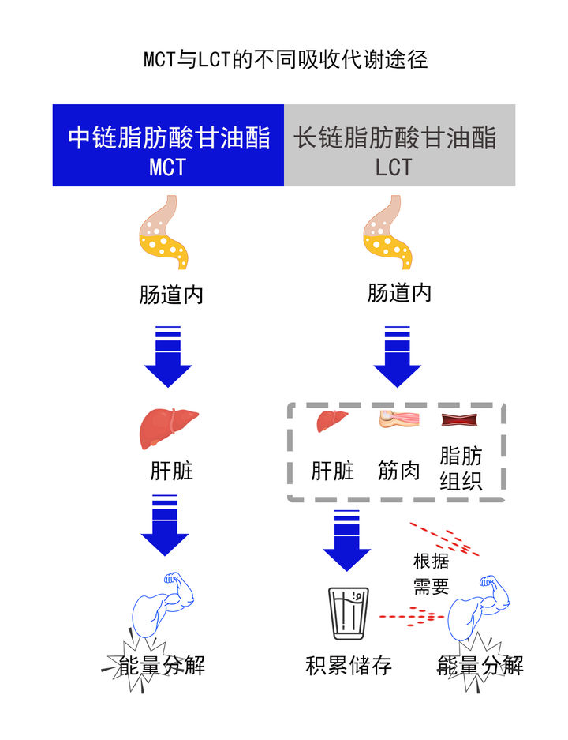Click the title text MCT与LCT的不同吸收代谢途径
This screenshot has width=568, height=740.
tap(285, 60)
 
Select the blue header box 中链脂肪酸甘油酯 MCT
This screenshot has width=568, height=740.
tap(168, 146)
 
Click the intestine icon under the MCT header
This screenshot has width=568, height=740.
tap(163, 233)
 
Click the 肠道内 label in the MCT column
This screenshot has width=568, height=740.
tap(171, 295)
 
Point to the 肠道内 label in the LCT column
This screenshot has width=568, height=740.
tap(399, 294)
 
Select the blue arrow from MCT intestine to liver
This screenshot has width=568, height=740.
tap(168, 356)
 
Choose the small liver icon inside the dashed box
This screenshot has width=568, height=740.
tap(332, 420)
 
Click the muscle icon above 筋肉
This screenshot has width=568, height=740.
tap(398, 419)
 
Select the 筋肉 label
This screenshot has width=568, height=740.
tap(398, 471)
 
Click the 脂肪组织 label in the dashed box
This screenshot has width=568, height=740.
tap(461, 468)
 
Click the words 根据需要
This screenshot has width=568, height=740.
tap(432, 574)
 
